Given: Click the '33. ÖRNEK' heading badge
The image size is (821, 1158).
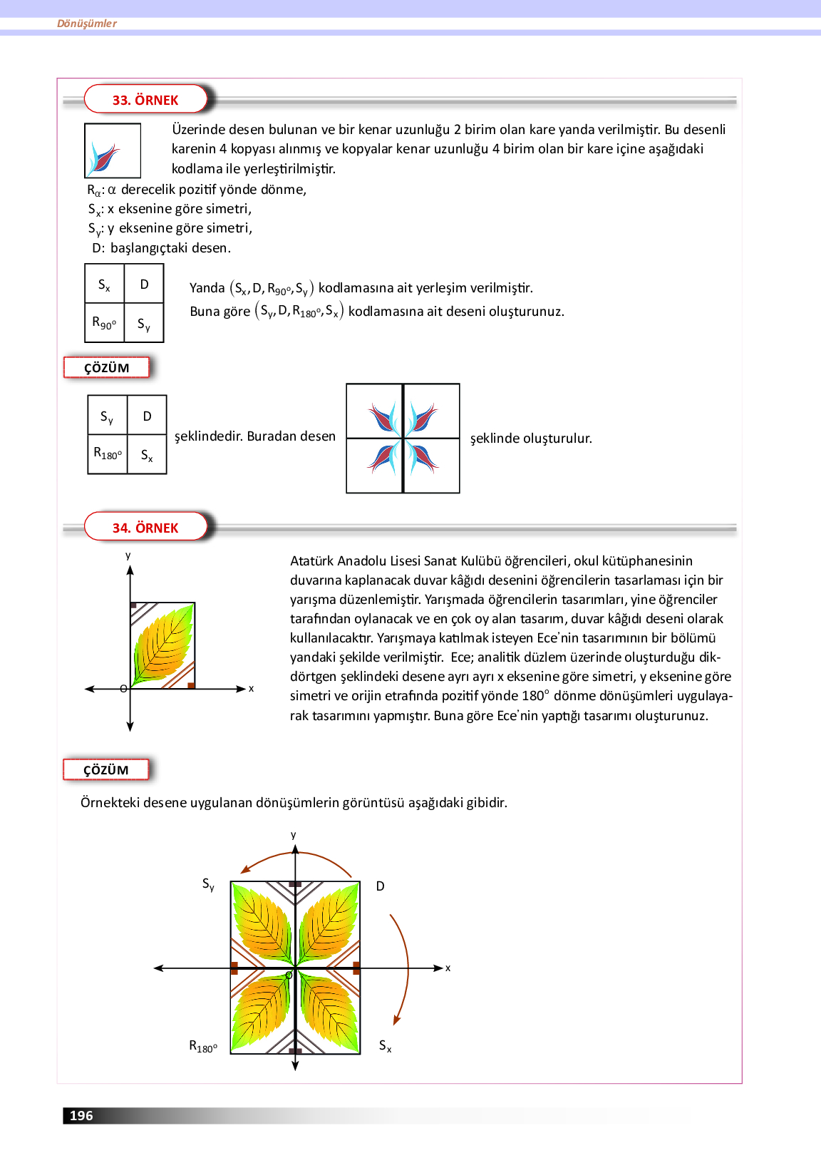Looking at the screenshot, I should click(x=145, y=100).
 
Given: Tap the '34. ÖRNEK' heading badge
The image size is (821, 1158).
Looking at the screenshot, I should click(x=145, y=528).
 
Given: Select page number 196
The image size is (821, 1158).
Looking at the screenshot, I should click(x=81, y=1116).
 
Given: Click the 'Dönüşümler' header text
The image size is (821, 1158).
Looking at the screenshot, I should click(x=87, y=24).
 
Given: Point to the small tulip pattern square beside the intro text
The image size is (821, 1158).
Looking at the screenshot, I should click(x=112, y=150).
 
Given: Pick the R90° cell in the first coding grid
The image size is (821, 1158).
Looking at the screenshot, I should click(x=104, y=323).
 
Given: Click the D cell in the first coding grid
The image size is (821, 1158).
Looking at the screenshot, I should click(x=144, y=284).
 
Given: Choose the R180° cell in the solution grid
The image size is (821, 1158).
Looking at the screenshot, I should click(x=108, y=454).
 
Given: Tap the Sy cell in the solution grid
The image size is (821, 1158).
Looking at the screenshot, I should click(x=107, y=416).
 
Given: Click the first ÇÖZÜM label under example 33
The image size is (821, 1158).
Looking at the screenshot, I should click(x=107, y=368).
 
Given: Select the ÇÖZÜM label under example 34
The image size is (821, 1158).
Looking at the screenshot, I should click(x=106, y=770).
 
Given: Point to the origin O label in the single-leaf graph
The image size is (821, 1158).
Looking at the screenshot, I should click(x=123, y=689).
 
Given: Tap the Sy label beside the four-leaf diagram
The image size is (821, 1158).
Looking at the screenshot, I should click(x=208, y=885).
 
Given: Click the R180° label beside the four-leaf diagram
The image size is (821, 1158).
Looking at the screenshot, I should click(x=203, y=1047).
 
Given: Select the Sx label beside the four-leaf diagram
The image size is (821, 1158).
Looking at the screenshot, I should click(x=385, y=1046).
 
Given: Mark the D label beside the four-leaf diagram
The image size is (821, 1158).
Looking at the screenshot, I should click(x=381, y=886).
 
